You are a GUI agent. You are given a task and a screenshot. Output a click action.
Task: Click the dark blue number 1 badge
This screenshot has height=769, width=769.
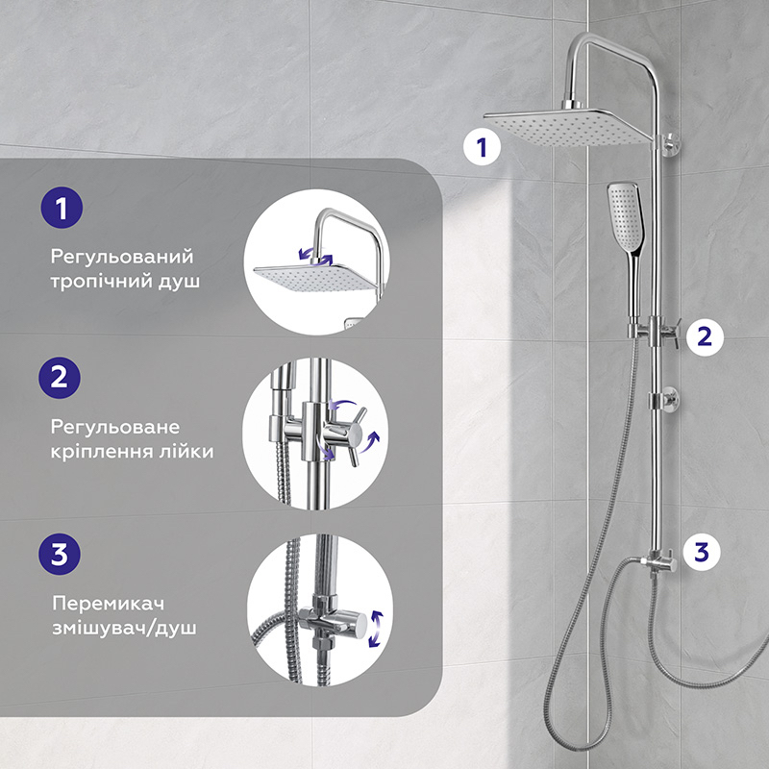coord(62,208)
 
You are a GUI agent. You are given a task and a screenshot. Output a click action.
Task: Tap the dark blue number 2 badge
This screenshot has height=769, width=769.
coord(60,378)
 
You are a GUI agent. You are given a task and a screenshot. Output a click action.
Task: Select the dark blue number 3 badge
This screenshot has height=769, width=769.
coord(60,555)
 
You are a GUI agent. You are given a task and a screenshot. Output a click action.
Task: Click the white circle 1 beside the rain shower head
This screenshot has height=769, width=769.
coord(483,147)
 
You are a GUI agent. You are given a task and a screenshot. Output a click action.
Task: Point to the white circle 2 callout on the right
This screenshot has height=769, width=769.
coord(705,336)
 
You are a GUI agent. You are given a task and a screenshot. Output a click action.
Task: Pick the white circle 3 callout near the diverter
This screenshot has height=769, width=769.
coord(702,552)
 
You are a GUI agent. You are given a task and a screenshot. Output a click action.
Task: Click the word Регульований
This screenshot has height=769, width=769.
coord(122,258)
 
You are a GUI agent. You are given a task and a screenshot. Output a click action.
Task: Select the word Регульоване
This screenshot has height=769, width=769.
coord(115,428)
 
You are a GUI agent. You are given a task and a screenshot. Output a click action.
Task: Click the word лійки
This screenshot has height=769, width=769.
coord(186,451)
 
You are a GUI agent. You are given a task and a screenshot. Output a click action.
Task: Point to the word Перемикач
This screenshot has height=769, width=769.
coord(108,604)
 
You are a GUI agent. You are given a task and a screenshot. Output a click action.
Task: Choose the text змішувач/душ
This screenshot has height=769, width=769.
coord(124,629)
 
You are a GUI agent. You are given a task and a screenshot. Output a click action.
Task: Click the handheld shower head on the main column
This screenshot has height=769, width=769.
coord(627,245)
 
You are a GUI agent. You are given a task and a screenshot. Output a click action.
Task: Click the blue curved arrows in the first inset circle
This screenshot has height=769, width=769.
coord(316,256)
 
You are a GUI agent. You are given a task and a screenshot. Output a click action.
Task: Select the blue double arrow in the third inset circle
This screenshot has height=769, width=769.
coord(376,629)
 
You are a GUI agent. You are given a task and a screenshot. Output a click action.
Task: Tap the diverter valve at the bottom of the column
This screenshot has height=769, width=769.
coord(658,563)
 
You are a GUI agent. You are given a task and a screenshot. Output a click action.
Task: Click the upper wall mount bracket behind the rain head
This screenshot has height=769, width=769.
coord(670,145)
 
